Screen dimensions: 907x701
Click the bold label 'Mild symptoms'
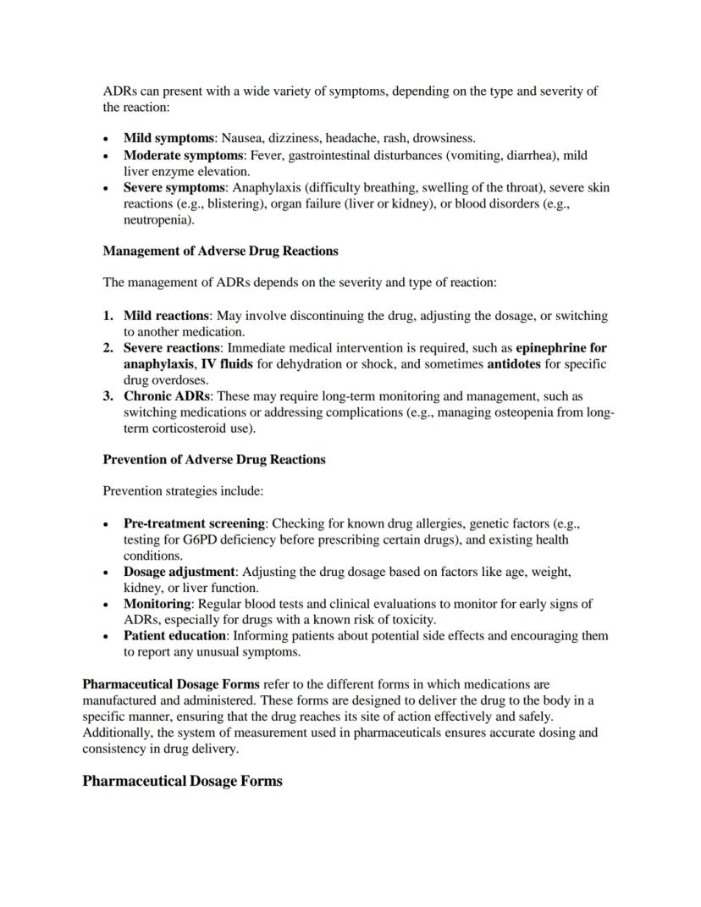point(168,138)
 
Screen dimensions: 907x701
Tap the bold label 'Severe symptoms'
point(174,187)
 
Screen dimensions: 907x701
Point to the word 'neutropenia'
point(157,219)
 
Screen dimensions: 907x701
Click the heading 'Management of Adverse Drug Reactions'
point(220,251)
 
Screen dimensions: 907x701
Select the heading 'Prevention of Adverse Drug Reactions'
point(214,460)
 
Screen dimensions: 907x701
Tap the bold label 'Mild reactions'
point(166,316)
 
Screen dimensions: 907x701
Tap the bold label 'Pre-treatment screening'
point(195,523)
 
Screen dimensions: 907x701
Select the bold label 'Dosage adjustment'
point(179,572)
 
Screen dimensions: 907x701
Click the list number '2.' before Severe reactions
point(108,348)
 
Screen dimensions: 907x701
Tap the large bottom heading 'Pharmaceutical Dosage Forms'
point(182,781)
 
